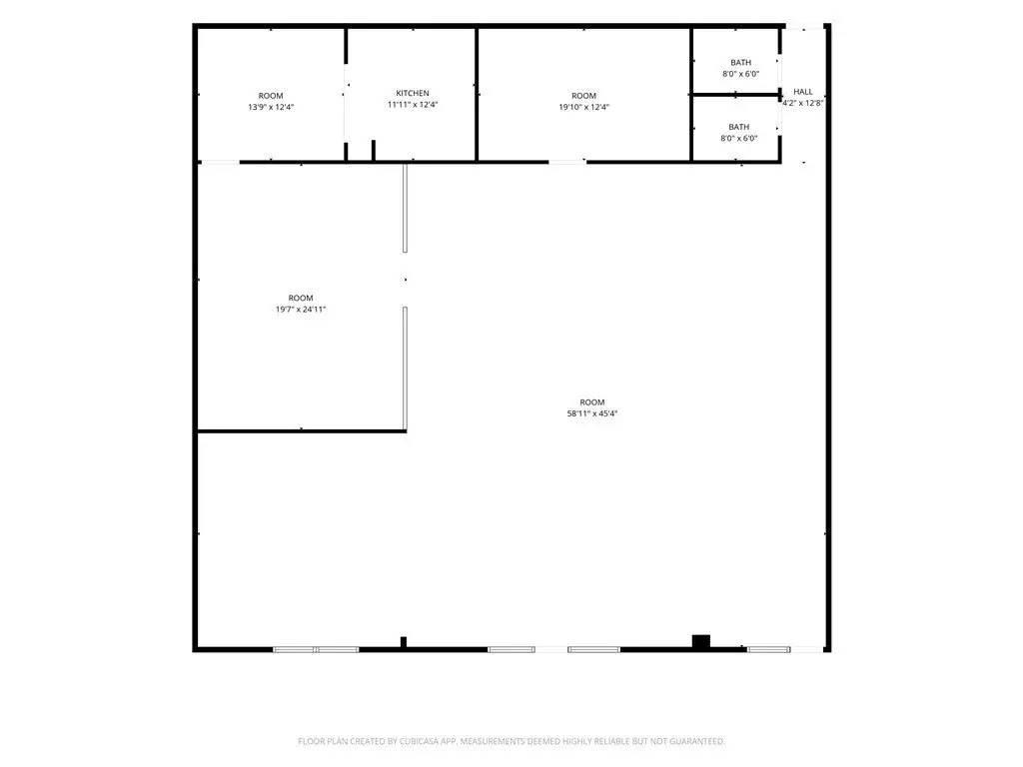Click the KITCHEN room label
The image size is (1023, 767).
[413, 93]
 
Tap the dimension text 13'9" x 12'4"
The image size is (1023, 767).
[271, 107]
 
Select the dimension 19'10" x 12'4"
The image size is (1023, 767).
[583, 107]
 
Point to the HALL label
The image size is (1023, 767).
[803, 92]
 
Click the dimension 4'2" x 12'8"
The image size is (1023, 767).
[803, 103]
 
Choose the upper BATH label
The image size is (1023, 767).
[740, 63]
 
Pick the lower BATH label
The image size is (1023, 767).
[739, 127]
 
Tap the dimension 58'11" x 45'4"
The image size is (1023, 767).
[592, 413]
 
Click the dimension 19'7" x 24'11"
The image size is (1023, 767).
[301, 310]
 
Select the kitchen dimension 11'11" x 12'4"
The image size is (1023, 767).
[413, 104]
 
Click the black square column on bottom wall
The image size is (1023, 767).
[700, 641]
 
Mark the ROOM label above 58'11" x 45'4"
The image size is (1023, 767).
[592, 402]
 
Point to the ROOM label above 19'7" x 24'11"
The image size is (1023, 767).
[301, 298]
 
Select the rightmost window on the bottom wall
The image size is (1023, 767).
[769, 649]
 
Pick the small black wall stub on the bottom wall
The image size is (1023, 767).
[404, 642]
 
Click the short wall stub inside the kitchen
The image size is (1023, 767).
[374, 150]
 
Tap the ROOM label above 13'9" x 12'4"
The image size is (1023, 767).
[271, 96]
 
